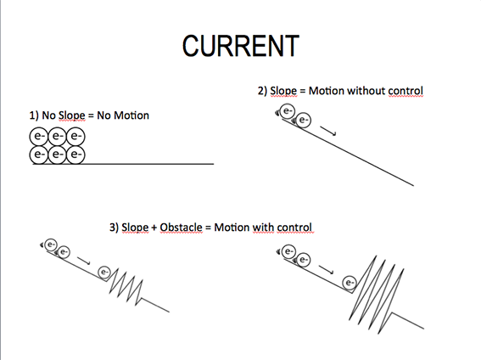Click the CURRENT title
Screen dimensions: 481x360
coord(241,45)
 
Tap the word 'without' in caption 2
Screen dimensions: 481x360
coord(366,91)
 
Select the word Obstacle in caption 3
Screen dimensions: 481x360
coord(181,228)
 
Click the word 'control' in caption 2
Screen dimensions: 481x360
coord(405,91)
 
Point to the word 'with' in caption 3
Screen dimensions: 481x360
coord(263,228)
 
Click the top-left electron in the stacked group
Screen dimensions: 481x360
coord(39,136)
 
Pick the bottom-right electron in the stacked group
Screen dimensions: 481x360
coord(76,155)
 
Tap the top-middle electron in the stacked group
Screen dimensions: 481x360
coord(58,136)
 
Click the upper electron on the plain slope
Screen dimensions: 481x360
coord(288,110)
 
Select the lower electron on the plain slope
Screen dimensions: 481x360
coord(304,120)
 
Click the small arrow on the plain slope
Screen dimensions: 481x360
coord(328,131)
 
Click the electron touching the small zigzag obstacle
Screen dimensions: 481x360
coord(104,272)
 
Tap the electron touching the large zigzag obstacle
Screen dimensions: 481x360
coord(350,283)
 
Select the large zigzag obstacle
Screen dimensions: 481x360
coord(377,294)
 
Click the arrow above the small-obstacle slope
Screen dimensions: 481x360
coord(83,261)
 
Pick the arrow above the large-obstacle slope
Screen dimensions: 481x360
coord(326,270)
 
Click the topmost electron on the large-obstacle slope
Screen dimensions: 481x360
coord(288,251)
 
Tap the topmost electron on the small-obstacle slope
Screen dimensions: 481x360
coord(51,245)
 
